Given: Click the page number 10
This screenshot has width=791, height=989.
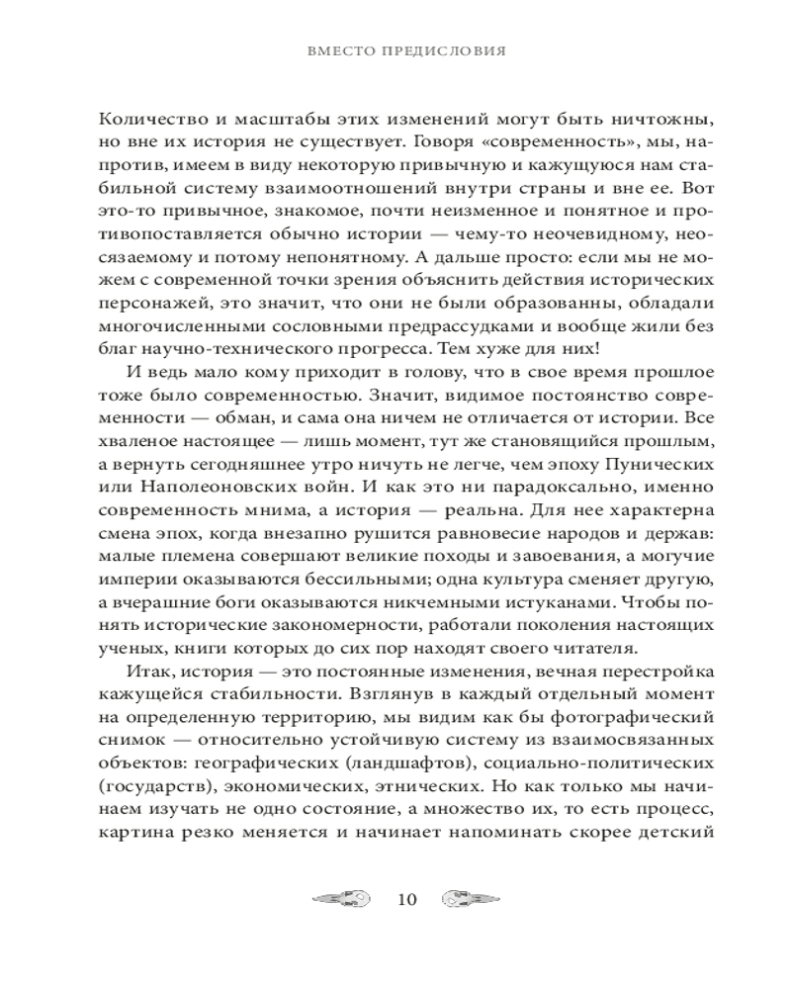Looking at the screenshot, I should click(x=406, y=899).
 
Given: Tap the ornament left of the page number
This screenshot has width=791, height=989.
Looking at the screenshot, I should click(x=342, y=899).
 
